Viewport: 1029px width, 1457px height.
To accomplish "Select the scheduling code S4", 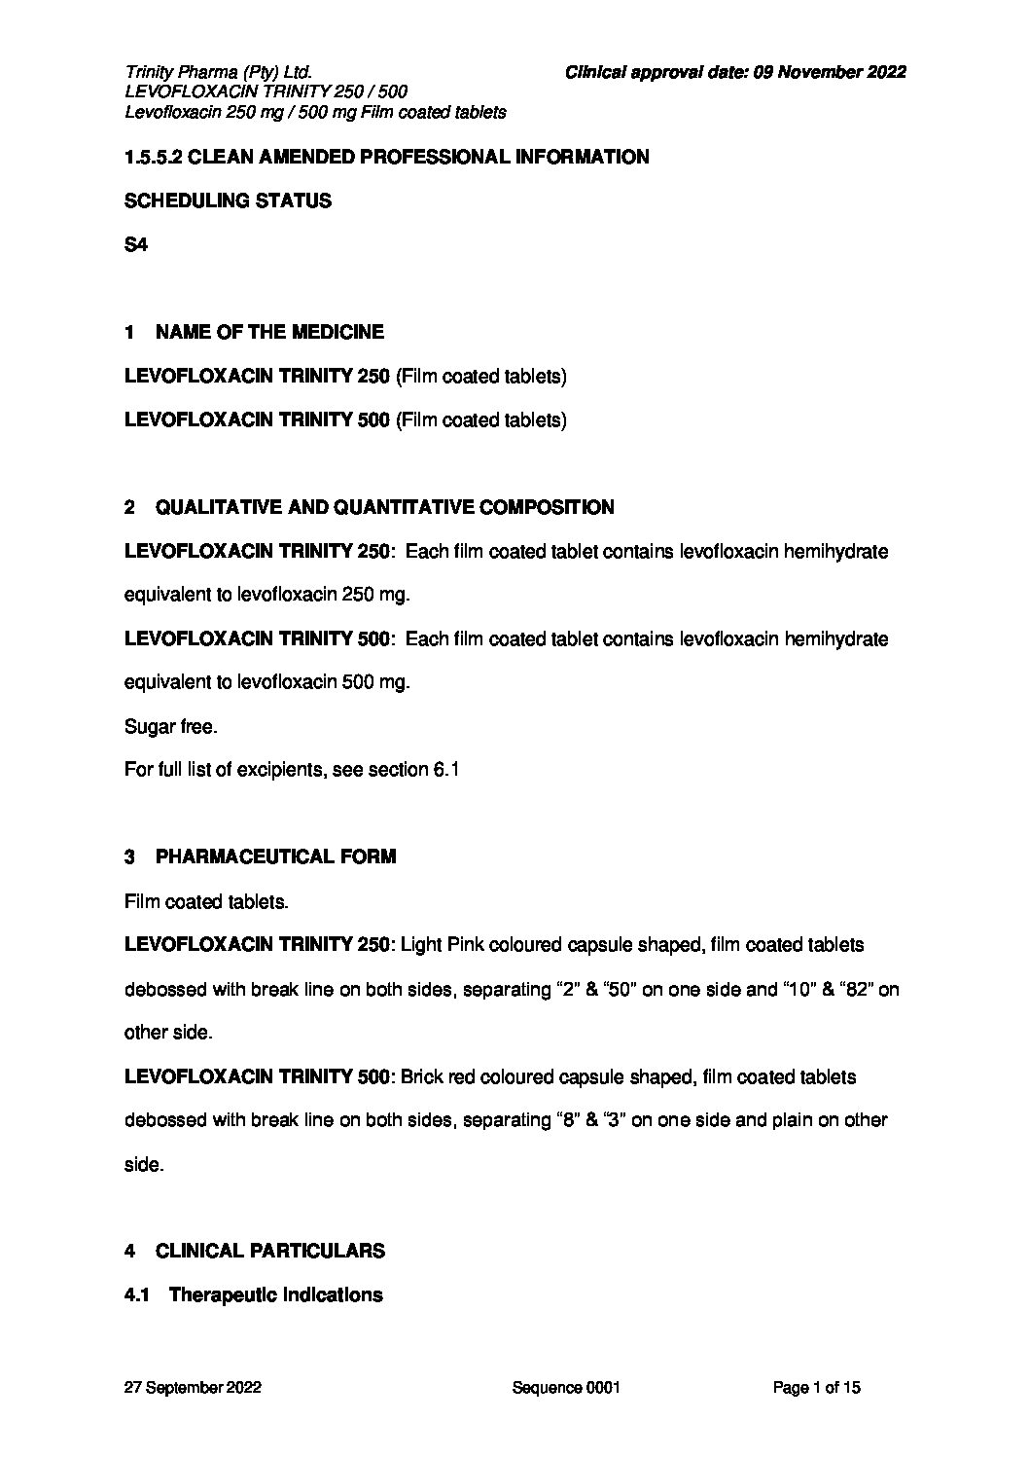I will (135, 245).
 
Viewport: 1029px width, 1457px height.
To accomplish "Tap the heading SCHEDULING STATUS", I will (228, 201).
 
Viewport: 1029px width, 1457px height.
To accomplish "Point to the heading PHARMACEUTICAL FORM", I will (275, 857).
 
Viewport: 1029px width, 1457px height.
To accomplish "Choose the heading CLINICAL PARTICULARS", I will (269, 1251).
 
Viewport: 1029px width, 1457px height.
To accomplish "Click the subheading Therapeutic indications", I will (275, 1294).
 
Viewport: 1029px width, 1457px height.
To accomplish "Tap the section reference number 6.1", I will (445, 770).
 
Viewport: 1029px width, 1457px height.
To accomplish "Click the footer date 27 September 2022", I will (193, 1388).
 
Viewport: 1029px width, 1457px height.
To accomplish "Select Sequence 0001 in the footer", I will (565, 1388).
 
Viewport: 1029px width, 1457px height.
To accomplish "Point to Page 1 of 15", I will (816, 1388).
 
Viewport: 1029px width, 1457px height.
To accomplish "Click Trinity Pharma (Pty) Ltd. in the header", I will (218, 71).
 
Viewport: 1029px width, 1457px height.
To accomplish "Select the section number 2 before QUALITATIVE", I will (129, 507).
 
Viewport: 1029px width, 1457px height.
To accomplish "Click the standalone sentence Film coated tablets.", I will (206, 902).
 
